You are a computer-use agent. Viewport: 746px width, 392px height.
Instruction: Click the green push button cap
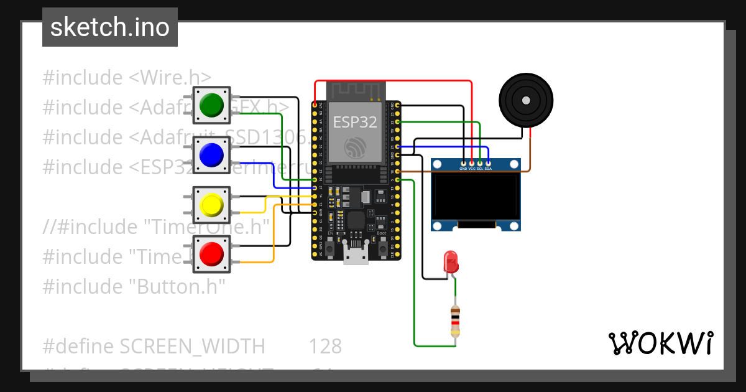coord(212,105)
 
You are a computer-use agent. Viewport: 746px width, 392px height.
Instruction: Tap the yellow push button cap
coord(212,205)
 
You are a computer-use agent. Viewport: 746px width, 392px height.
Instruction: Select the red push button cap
coord(212,254)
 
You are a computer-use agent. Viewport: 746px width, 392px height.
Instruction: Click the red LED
coord(451,262)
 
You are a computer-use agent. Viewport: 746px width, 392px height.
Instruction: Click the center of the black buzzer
coord(526,100)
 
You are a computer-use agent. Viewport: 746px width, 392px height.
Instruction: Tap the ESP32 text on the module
coord(356,122)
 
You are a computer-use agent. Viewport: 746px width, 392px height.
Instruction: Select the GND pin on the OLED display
coord(463,163)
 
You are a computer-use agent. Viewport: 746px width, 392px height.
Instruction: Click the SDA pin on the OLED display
coord(488,163)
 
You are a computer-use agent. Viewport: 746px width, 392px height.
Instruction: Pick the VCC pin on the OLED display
coord(471,163)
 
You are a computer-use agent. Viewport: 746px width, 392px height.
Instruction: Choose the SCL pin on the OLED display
coord(480,163)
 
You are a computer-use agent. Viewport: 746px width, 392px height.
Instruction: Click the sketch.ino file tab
coord(110,27)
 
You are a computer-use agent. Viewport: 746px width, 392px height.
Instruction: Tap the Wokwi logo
coord(660,343)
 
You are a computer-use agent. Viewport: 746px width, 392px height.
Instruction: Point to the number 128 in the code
coord(325,346)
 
